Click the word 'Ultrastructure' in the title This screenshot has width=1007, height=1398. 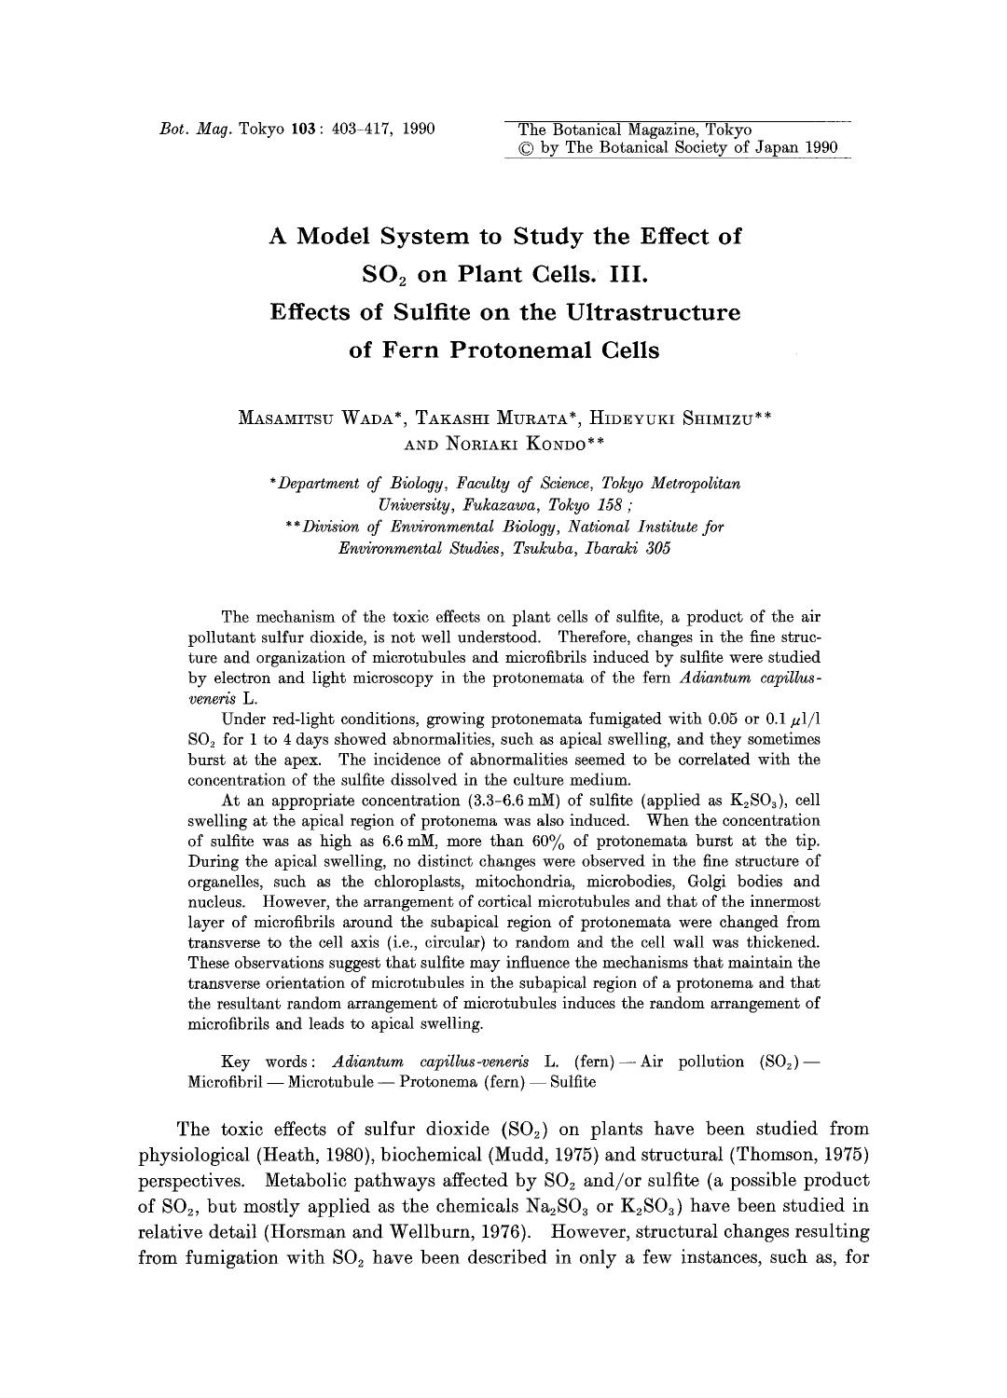coord(650,311)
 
